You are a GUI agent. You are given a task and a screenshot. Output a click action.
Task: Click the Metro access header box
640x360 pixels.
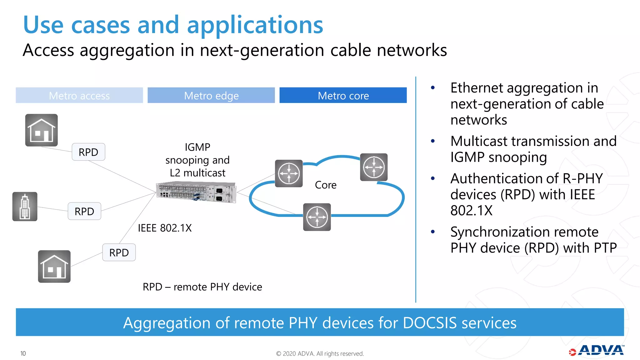(79, 95)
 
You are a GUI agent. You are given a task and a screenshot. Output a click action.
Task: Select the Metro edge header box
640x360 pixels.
(211, 95)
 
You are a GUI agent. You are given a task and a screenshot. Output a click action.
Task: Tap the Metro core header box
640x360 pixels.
(343, 95)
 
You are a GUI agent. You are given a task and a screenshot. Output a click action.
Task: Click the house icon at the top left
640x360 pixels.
(42, 130)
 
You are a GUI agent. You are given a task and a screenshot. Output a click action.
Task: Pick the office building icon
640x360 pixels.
(25, 207)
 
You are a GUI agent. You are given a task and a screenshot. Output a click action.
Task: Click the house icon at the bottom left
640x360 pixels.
(54, 267)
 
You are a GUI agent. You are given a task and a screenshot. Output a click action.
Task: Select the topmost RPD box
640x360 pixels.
(88, 152)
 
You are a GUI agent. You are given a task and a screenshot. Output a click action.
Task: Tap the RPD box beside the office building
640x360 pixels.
(84, 211)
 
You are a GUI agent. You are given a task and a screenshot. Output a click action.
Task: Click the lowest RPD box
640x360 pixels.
(119, 252)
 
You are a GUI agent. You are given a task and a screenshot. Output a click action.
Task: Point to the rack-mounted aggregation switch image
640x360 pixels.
(196, 192)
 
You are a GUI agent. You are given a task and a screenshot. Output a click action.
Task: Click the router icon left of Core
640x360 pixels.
(289, 174)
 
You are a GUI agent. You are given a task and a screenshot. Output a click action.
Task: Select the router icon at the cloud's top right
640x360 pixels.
(374, 167)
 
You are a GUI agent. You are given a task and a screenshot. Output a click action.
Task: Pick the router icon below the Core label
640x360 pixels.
(317, 217)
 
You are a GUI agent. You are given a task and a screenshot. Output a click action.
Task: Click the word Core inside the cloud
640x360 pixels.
(326, 185)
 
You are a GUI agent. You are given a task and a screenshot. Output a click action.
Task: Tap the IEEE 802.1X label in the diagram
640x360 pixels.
(165, 228)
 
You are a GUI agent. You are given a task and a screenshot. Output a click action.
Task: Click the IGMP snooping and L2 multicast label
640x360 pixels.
(197, 160)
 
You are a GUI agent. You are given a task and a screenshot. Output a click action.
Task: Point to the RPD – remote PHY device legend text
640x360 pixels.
(202, 287)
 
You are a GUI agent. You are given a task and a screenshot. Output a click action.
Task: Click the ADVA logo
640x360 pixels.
(597, 351)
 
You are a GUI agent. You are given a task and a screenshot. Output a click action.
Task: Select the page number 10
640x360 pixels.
(23, 353)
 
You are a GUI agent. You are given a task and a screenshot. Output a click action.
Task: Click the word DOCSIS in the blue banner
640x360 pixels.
(430, 323)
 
